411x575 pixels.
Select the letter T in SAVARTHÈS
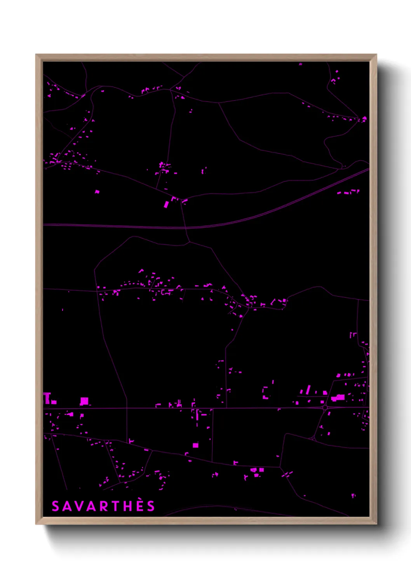pyautogui.click(x=115, y=506)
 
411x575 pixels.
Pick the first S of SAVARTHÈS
pyautogui.click(x=56, y=506)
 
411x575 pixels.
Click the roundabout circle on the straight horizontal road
pyautogui.click(x=325, y=408)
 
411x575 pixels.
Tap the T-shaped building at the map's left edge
pyautogui.click(x=47, y=398)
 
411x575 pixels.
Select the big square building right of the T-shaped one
pyautogui.click(x=84, y=401)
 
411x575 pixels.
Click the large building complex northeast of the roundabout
pyautogui.click(x=338, y=397)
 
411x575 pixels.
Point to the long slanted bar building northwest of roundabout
pyautogui.click(x=308, y=389)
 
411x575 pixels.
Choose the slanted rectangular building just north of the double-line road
pyautogui.click(x=166, y=204)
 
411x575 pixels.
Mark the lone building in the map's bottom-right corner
pyautogui.click(x=353, y=495)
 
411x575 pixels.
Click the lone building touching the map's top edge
pyautogui.click(x=300, y=64)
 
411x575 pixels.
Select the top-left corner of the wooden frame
pyautogui.click(x=36, y=55)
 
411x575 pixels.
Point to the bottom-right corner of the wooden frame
pyautogui.click(x=376, y=524)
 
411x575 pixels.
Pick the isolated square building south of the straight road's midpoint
pyautogui.click(x=195, y=445)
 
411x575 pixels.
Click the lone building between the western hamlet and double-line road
pyautogui.click(x=97, y=192)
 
